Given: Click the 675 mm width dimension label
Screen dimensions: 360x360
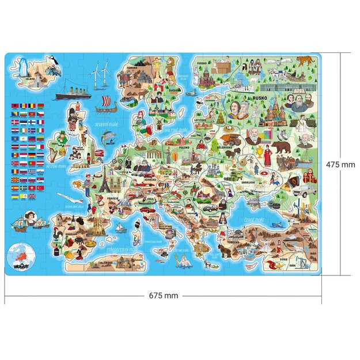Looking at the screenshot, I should click(x=163, y=295).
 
